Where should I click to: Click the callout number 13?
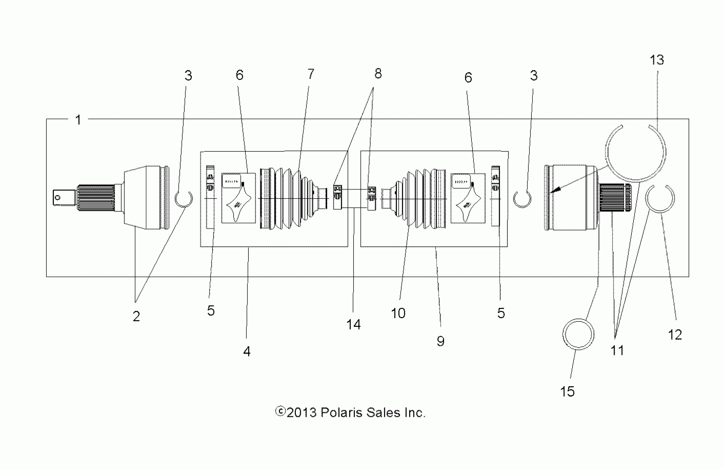pos(656,60)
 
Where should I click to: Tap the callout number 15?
pos(567,391)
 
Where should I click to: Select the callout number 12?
pos(675,335)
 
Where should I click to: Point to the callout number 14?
pos(354,325)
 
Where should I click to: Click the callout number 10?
pos(398,313)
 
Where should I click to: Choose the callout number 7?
pos(311,74)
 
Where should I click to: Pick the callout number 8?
pos(378,74)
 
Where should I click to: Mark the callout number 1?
pos(78,120)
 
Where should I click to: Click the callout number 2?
pos(136,316)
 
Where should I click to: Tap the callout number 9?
pos(441,341)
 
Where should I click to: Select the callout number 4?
pos(247,351)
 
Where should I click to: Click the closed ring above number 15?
pos(578,334)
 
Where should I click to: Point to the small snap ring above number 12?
pos(660,199)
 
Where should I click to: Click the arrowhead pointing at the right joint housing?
pos(555,190)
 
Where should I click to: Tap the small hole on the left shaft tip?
pos(57,198)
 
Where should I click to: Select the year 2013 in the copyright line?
pos(302,413)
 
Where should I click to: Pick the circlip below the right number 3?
pos(522,199)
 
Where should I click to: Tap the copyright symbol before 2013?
pos(280,412)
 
